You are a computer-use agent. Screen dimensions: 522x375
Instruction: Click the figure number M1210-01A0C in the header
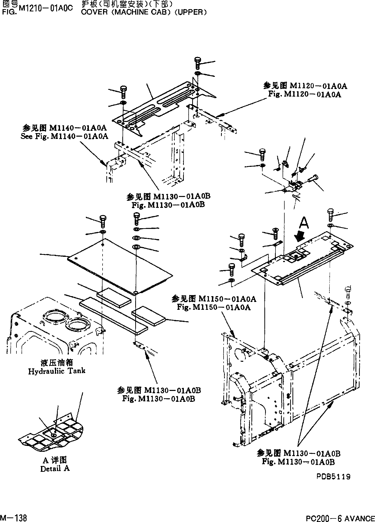click(x=46, y=9)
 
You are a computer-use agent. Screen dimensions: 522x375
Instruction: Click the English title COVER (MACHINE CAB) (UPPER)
click(x=144, y=12)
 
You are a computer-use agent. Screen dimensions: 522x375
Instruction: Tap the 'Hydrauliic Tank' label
click(x=57, y=371)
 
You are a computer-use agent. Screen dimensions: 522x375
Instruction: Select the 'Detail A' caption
click(x=55, y=469)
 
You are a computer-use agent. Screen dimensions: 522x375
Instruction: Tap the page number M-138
click(x=14, y=517)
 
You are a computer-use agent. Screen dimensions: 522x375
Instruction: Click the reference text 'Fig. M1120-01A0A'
click(x=305, y=94)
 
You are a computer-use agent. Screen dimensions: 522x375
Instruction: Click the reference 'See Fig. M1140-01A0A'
click(x=64, y=136)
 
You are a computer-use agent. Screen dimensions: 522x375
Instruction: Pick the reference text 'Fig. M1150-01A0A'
click(x=214, y=307)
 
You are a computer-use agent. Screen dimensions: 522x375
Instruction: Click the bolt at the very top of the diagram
click(x=198, y=63)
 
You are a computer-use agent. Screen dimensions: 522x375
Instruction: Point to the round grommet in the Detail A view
click(x=54, y=435)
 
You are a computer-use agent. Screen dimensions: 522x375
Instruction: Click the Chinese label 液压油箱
click(x=57, y=363)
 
